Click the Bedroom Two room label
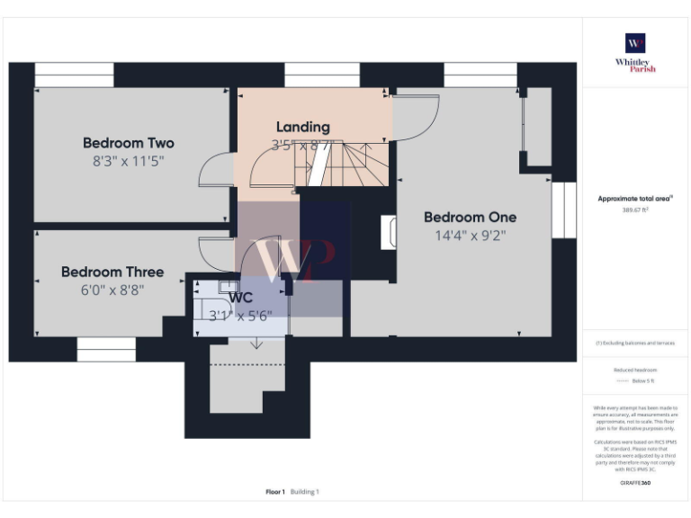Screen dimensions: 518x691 [129, 143]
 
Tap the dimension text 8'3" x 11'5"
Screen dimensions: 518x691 [129, 161]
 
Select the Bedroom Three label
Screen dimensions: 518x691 [112, 272]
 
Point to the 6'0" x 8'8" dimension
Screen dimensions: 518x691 [112, 290]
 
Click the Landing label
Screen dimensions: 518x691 [302, 127]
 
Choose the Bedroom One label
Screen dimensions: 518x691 [470, 217]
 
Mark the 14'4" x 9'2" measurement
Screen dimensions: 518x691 [470, 236]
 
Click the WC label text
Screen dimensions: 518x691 [240, 298]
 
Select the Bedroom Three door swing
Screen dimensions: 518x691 [217, 252]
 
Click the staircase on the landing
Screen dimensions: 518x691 [346, 164]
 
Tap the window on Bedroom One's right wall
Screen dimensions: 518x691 [563, 210]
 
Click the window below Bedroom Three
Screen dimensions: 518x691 [106, 349]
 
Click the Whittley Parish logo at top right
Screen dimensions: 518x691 [635, 52]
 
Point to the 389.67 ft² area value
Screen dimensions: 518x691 [635, 210]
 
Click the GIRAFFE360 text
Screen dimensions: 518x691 [635, 484]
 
